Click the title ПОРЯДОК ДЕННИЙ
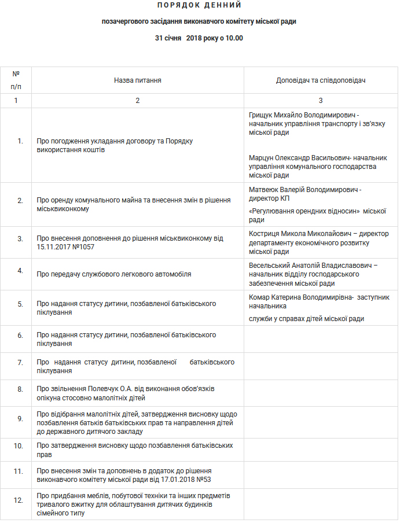click(199, 5)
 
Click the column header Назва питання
click(137, 80)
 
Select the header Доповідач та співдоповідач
click(320, 80)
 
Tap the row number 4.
click(20, 270)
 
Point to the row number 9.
click(20, 418)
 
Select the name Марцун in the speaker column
click(262, 157)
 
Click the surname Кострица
click(265, 234)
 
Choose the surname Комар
click(259, 297)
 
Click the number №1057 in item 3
click(83, 246)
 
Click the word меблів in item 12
click(97, 496)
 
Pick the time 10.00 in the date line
click(233, 38)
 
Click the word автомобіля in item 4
click(174, 274)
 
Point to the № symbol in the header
click(16, 74)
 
